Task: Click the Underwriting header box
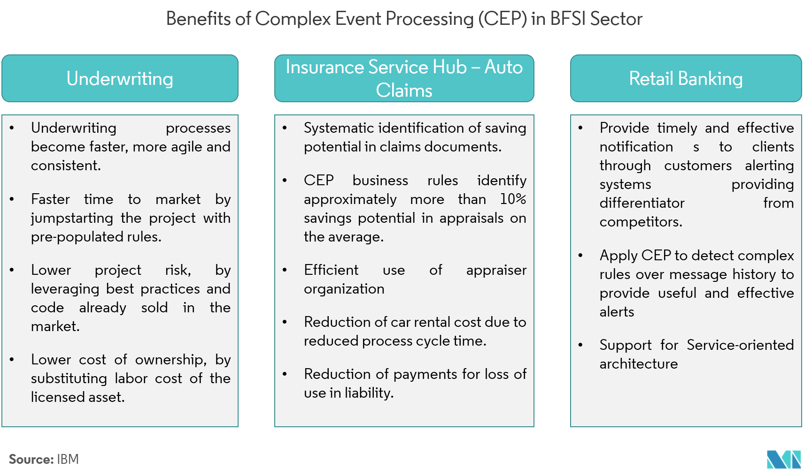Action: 120,78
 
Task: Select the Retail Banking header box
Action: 686,78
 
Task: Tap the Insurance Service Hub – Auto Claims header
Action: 404,78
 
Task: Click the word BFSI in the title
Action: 568,19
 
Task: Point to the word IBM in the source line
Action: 68,459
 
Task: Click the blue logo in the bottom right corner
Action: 783,460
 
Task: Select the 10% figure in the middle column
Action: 513,199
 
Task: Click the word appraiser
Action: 496,270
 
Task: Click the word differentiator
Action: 642,203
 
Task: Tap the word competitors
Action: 641,222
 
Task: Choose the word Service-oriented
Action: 740,345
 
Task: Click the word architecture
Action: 638,364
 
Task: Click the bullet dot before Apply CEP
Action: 580,256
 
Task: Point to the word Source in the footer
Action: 31,459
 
